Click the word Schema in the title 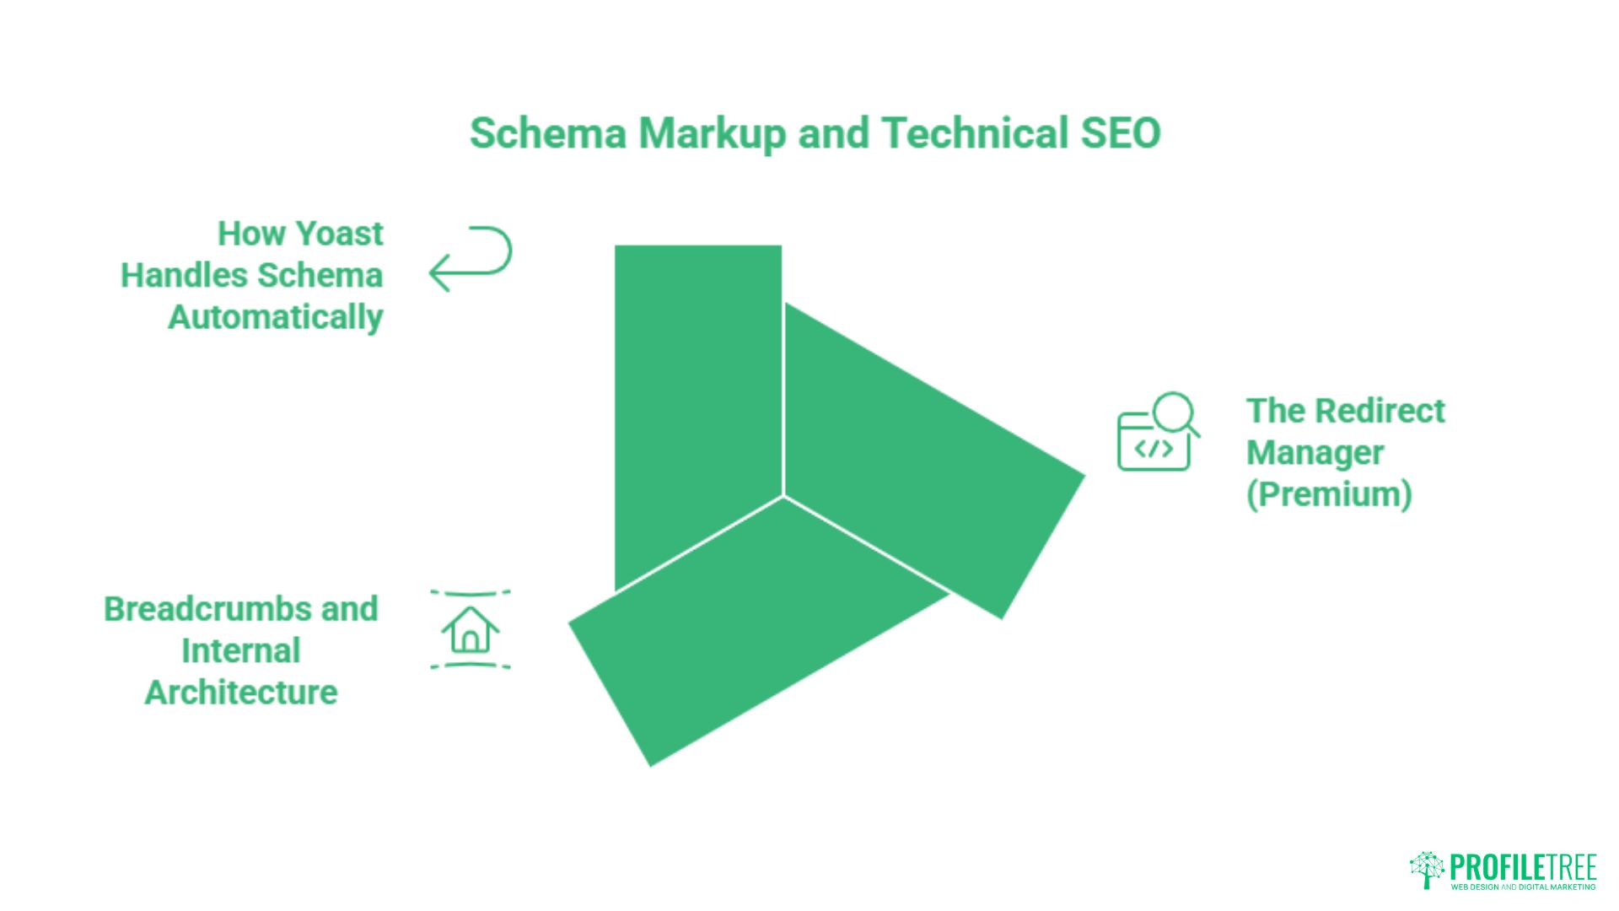[548, 133]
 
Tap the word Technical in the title [975, 133]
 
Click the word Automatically [276, 318]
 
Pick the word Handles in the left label [184, 276]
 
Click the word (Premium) [1329, 494]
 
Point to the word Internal [241, 651]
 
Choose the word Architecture [241, 693]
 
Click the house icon [471, 630]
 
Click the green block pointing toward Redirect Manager [928, 455]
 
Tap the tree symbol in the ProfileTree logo [1427, 870]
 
